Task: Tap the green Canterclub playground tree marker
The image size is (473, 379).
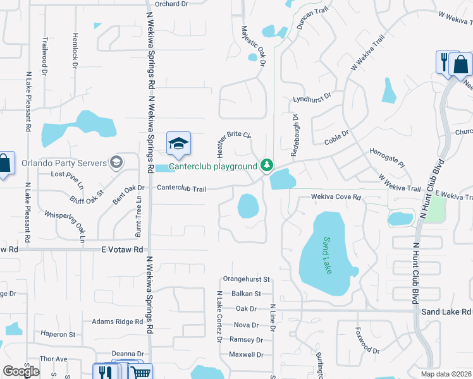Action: click(x=267, y=166)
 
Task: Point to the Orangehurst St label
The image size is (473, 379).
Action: click(x=247, y=279)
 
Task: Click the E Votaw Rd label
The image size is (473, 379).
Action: click(x=123, y=250)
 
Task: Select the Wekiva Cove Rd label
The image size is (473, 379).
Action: click(x=335, y=198)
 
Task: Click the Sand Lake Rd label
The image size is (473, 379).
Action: click(x=446, y=312)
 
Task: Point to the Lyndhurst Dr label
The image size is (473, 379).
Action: click(x=312, y=100)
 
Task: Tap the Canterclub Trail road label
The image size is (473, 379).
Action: click(x=181, y=188)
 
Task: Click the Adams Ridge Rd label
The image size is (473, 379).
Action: click(x=118, y=322)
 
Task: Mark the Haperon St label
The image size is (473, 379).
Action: click(x=58, y=334)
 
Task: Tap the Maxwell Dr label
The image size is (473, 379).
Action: click(x=246, y=355)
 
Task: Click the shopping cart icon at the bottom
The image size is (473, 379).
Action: click(x=142, y=372)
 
